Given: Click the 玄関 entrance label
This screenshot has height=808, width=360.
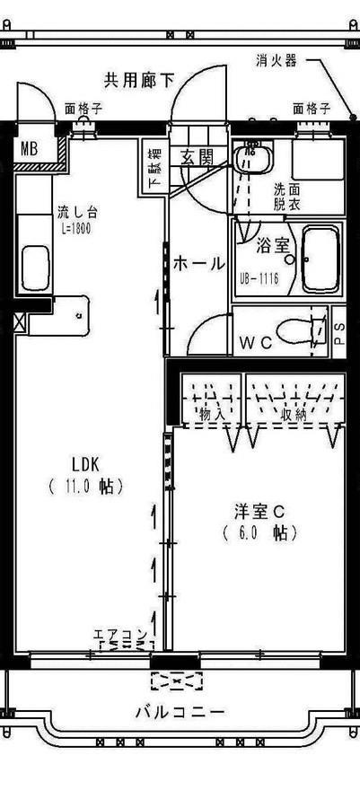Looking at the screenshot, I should pos(198,157).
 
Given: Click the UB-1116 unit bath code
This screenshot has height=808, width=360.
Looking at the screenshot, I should pos(259,278).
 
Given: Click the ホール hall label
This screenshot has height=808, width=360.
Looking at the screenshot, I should pos(198,263).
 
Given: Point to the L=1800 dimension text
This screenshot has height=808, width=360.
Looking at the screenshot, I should pos(76,229).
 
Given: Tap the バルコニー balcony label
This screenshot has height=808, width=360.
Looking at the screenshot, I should pos(180,712).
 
